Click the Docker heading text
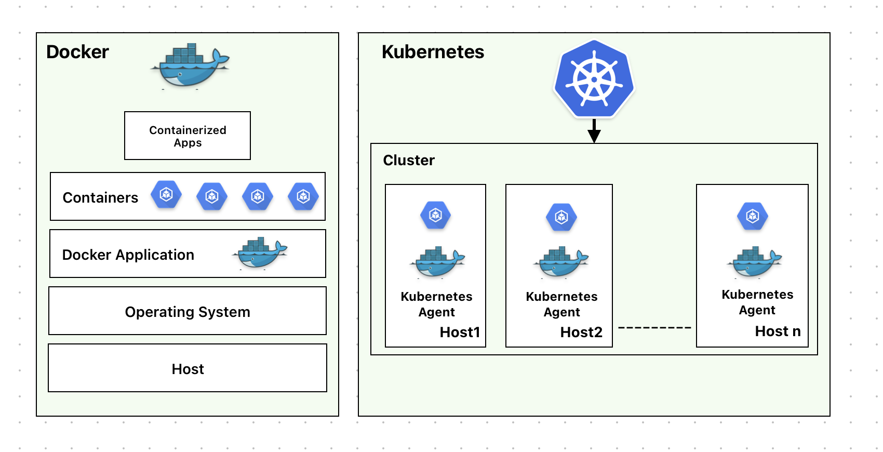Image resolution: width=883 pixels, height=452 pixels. (77, 52)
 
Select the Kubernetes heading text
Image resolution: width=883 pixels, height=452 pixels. (433, 52)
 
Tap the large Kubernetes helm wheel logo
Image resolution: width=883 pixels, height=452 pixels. (594, 79)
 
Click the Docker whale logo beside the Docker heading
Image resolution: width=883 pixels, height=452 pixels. (190, 67)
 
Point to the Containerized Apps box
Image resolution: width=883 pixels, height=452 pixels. (188, 136)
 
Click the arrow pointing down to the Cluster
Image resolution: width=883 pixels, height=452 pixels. (594, 131)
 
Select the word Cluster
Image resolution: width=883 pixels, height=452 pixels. (409, 160)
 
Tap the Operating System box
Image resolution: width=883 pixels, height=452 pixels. (188, 311)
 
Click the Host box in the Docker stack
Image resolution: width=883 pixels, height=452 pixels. (188, 368)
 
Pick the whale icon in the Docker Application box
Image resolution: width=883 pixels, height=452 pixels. (259, 253)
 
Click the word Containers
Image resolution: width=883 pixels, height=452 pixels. (100, 197)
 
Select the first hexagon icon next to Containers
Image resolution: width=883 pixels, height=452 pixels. (166, 195)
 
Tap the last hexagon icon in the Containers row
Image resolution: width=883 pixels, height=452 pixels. (303, 196)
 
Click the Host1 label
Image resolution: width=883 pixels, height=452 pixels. (460, 332)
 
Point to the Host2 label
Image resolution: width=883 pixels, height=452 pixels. (581, 332)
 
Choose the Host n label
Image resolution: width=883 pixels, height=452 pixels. (778, 331)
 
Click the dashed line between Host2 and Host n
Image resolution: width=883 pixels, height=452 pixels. (654, 328)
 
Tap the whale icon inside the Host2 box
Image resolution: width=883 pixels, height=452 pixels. (561, 262)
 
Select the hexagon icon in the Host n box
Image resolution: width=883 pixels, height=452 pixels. (753, 216)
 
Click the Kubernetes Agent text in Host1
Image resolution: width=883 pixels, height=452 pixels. (436, 304)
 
